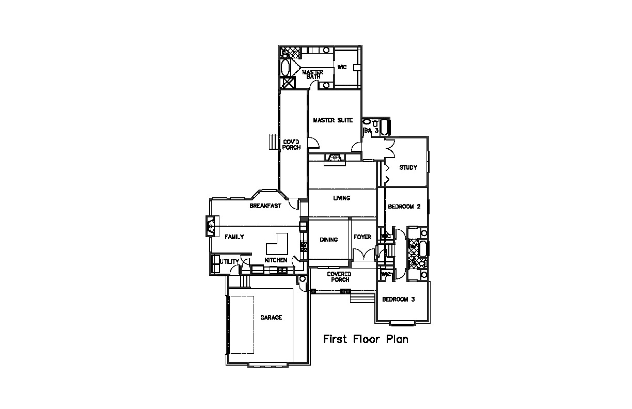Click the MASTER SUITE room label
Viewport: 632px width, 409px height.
click(333, 120)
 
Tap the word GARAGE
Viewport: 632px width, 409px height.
click(271, 318)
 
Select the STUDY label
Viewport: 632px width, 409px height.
click(408, 168)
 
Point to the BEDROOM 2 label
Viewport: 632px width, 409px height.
click(404, 207)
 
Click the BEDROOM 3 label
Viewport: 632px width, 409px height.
click(399, 299)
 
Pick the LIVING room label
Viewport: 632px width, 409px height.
click(342, 198)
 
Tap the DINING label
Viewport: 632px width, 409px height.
click(329, 240)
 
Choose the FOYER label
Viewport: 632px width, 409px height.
click(362, 237)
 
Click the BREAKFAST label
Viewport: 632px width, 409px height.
click(265, 206)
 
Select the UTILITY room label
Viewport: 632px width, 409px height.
click(229, 262)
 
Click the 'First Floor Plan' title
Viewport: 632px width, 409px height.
click(366, 339)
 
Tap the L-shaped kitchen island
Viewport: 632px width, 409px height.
click(277, 244)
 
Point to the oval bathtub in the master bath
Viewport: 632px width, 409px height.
click(285, 68)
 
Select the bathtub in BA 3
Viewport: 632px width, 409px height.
click(384, 128)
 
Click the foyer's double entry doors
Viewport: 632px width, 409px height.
click(364, 254)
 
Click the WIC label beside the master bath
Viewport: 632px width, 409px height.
click(342, 67)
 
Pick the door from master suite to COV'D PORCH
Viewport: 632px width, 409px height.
click(313, 143)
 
